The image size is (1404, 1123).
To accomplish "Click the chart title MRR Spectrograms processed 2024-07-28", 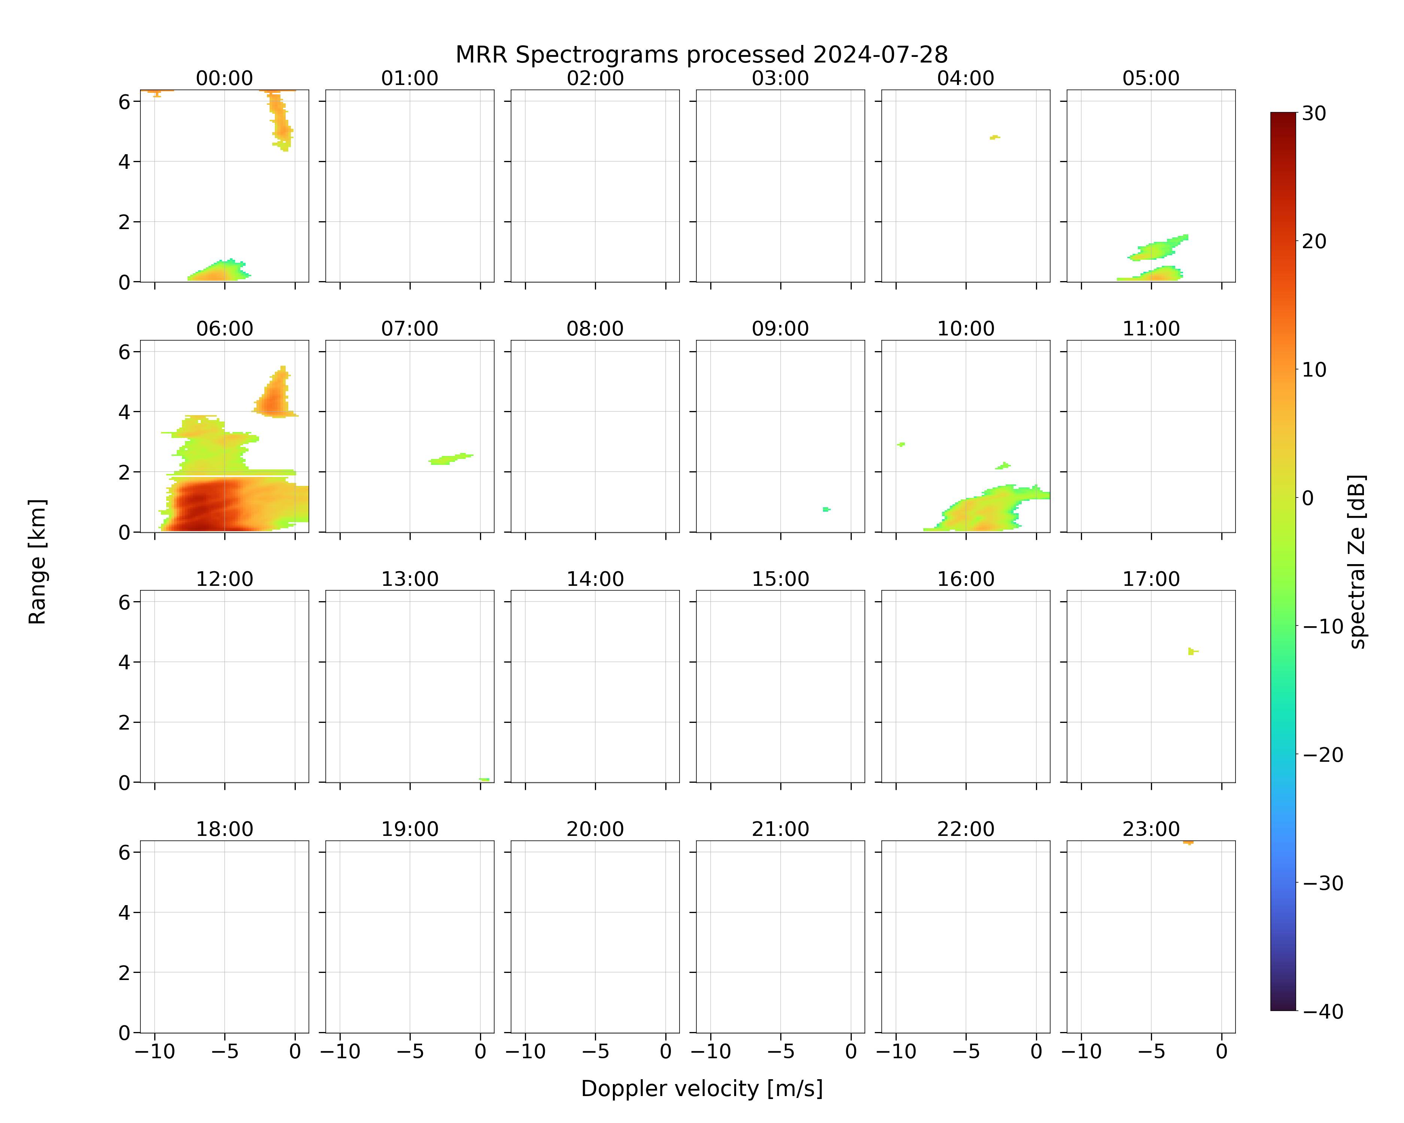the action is point(701,55).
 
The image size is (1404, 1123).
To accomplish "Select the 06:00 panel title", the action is point(225,328).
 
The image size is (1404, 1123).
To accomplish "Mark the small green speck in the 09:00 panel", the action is point(826,509).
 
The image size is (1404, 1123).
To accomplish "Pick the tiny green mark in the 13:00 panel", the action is point(484,779).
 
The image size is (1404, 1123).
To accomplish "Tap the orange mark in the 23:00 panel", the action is point(1188,842).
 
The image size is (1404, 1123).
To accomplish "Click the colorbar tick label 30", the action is point(1314,113).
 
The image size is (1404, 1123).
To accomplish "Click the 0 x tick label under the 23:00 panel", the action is point(1222,1052).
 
